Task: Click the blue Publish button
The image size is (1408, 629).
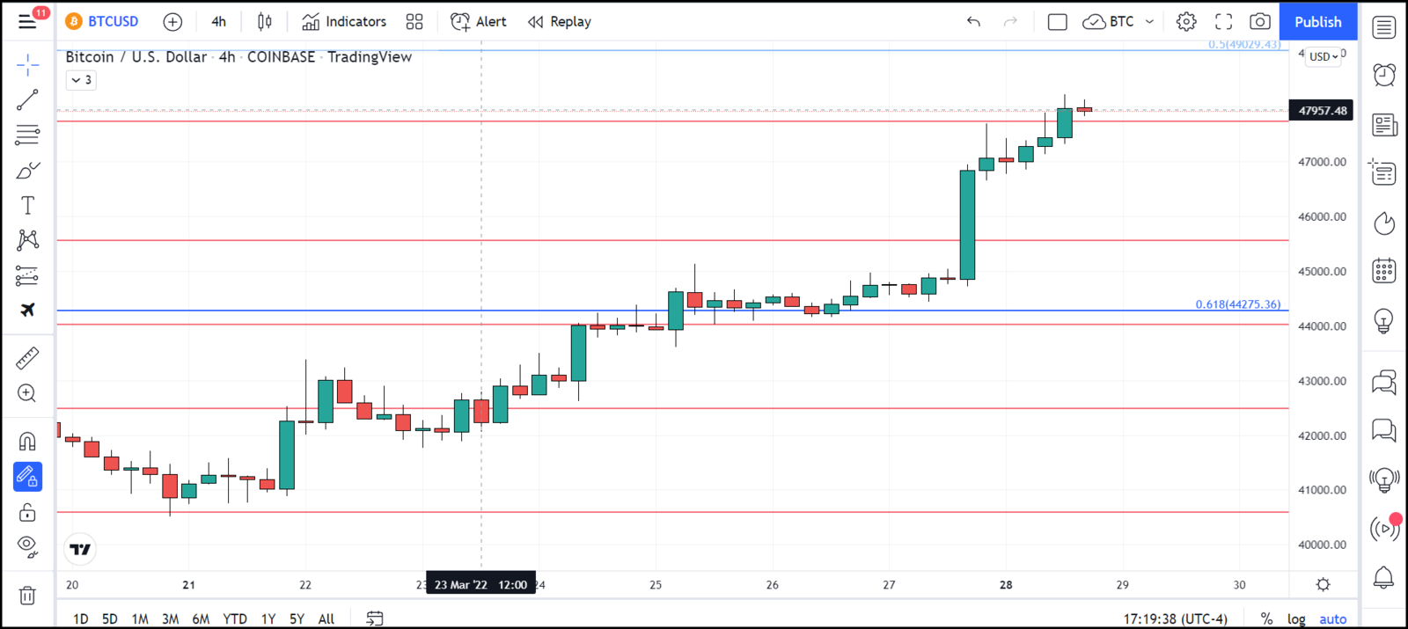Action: point(1317,22)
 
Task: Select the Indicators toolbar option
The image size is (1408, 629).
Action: point(344,22)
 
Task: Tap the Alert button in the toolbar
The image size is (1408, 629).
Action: point(479,22)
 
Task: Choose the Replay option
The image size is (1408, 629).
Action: point(560,22)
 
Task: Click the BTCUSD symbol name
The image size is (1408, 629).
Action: point(113,22)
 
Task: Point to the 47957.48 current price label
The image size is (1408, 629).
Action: point(1322,111)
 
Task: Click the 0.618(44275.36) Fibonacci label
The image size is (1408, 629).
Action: point(1237,304)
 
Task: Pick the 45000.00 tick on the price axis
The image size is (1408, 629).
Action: point(1322,272)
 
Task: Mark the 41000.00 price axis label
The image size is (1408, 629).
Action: point(1322,490)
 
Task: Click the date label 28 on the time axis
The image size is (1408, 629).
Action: point(1006,585)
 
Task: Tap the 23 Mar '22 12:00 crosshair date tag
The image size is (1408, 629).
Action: point(480,585)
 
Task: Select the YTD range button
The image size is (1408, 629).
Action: point(235,619)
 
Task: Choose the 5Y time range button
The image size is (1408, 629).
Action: point(297,619)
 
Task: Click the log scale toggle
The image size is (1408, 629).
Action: point(1296,619)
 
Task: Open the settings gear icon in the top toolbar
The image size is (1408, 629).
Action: point(1186,22)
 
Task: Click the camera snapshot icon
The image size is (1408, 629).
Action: point(1260,22)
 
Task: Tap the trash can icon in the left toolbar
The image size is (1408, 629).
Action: point(27,596)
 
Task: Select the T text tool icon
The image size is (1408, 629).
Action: point(27,205)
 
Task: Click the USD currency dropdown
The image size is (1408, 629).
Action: point(1323,57)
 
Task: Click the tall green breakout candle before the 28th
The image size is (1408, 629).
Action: point(967,224)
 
